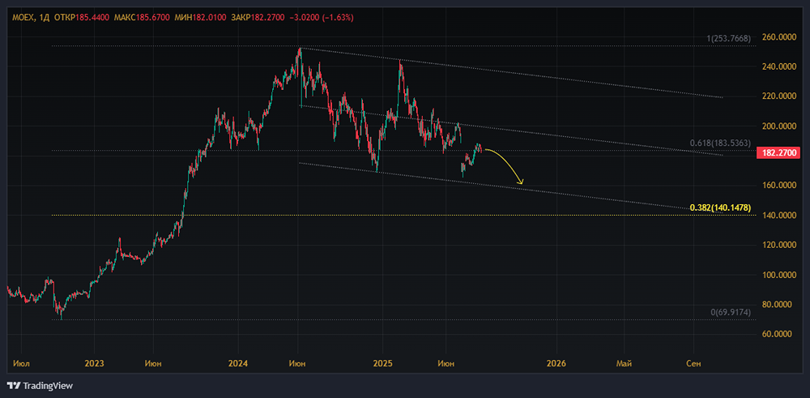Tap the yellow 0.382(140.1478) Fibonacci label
tap(720, 208)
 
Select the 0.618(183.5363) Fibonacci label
tap(720, 143)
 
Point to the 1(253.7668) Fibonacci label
tap(728, 38)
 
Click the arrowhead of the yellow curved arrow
tap(521, 182)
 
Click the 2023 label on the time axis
tap(95, 363)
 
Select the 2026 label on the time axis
tap(557, 363)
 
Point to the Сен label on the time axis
tap(693, 363)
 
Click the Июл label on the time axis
tap(22, 363)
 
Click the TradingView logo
tap(40, 386)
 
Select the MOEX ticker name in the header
tap(22, 18)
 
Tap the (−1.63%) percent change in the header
tap(338, 18)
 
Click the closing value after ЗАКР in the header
tap(271, 18)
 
